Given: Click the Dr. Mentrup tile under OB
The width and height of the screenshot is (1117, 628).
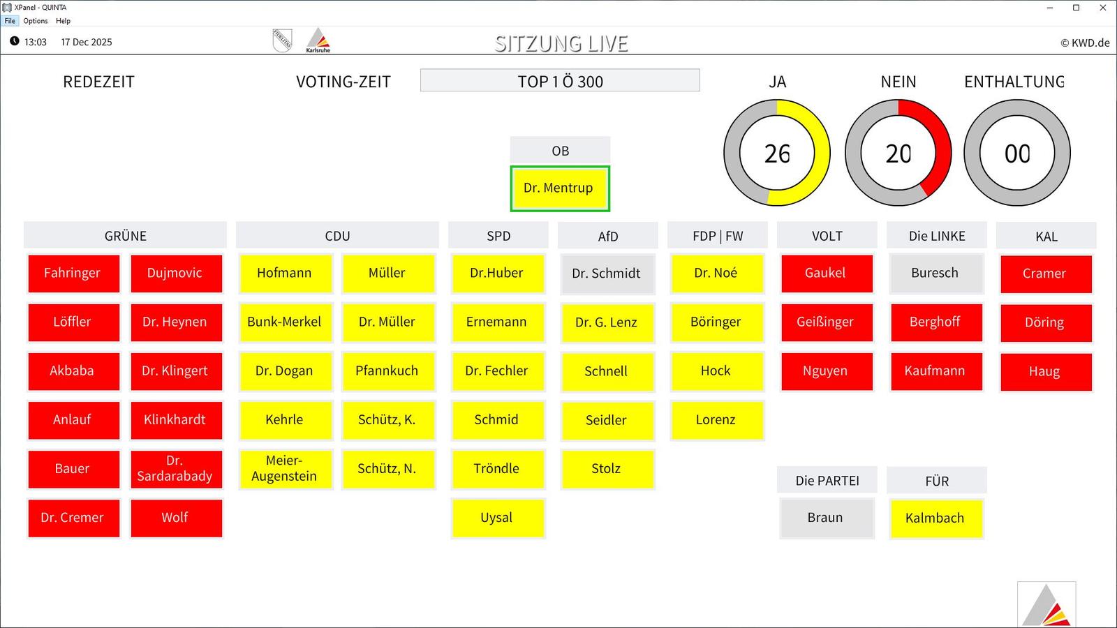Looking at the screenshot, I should [559, 188].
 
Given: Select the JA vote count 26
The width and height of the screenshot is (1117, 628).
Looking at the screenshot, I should [777, 154].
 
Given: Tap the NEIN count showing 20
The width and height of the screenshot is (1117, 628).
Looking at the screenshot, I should [898, 154].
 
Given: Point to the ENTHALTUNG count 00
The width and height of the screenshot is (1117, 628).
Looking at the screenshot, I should [1017, 154].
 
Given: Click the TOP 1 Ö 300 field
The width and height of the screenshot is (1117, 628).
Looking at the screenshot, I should [560, 81].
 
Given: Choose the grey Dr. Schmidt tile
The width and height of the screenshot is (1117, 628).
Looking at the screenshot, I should [606, 274].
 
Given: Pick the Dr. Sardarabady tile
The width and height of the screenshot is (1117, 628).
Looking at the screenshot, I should [175, 469].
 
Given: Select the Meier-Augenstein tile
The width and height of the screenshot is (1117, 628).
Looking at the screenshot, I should [284, 469].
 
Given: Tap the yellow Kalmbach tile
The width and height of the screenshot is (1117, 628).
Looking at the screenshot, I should [935, 518].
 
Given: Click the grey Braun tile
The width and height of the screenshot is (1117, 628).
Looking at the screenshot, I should [825, 518].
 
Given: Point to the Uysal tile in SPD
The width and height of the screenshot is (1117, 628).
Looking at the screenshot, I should [496, 518].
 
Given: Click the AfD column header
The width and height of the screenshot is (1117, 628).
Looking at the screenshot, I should [608, 237].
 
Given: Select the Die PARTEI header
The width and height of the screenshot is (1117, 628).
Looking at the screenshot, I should [827, 481].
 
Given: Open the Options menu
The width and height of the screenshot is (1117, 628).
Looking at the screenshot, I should [36, 21].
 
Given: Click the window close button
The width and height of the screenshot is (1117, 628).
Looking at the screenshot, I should [1103, 8].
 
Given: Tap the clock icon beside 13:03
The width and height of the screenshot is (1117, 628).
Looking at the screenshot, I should [14, 41].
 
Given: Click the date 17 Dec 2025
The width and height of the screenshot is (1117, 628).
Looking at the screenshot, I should [87, 42].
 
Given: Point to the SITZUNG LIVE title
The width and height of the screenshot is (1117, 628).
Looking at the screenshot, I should [561, 44].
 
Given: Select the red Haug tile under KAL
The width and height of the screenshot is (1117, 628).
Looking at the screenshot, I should [1044, 372].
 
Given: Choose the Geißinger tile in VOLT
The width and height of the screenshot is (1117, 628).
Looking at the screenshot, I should [825, 322].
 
